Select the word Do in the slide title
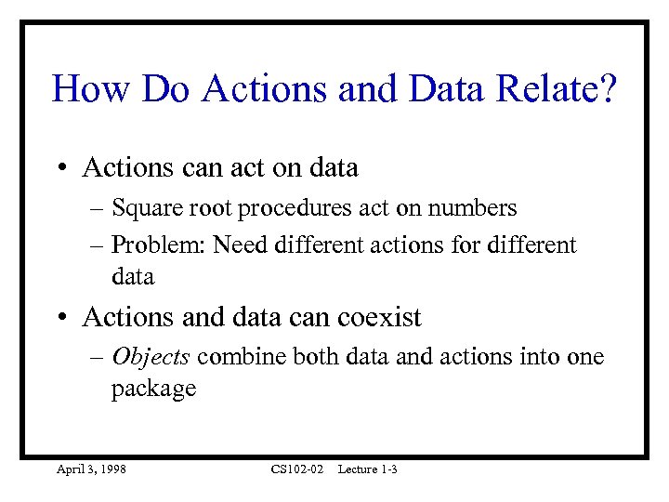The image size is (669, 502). click(x=167, y=90)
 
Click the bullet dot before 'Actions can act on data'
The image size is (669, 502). click(x=59, y=168)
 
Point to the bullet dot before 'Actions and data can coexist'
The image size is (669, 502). click(x=59, y=318)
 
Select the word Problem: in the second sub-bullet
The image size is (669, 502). click(x=156, y=245)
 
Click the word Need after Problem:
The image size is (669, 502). click(x=241, y=245)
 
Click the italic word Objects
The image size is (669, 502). click(x=151, y=357)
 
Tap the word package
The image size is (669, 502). click(x=153, y=389)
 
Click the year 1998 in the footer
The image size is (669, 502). click(x=111, y=469)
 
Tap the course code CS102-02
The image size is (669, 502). click(x=296, y=469)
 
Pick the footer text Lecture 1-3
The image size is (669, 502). click(x=368, y=469)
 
